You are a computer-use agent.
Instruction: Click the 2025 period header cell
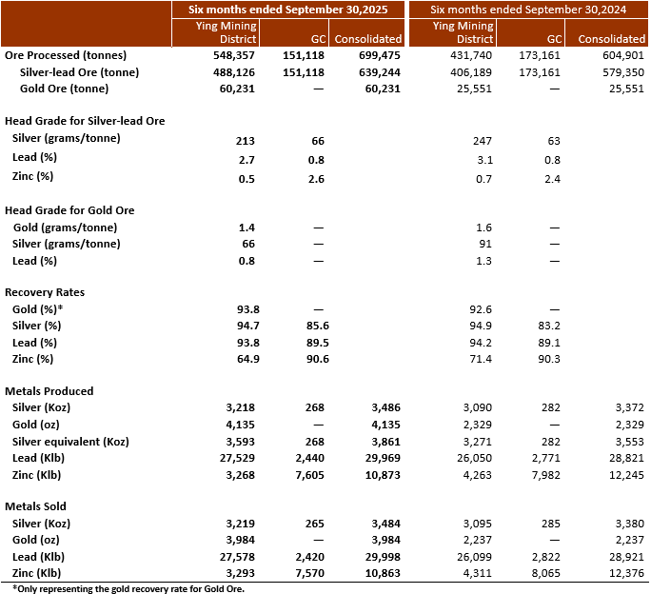click(x=287, y=9)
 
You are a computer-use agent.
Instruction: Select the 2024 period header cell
click(x=529, y=9)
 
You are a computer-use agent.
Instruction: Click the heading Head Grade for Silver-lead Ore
click(x=86, y=121)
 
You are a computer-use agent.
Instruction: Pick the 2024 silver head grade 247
click(x=483, y=139)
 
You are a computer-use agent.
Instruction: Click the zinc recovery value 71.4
click(x=482, y=358)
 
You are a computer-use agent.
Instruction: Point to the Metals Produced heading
click(x=49, y=390)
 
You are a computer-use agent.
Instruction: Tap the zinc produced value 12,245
click(x=623, y=473)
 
